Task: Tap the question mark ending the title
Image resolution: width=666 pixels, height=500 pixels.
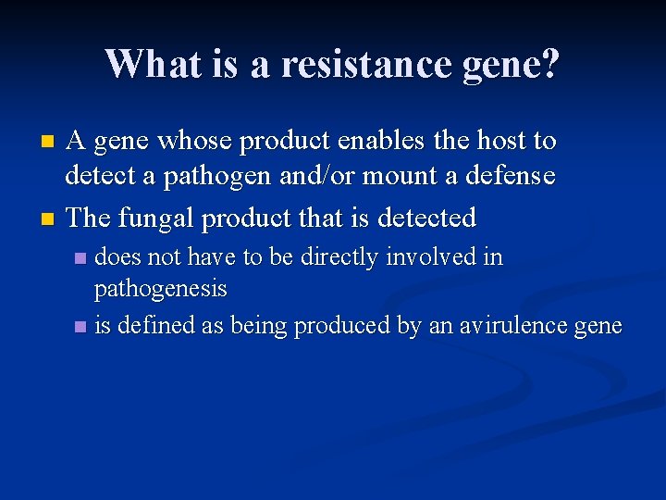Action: tap(549, 64)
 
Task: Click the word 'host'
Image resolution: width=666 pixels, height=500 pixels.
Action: tap(498, 141)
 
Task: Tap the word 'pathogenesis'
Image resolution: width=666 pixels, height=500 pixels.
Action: tap(160, 289)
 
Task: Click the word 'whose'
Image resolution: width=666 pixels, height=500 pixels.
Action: tap(194, 141)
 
